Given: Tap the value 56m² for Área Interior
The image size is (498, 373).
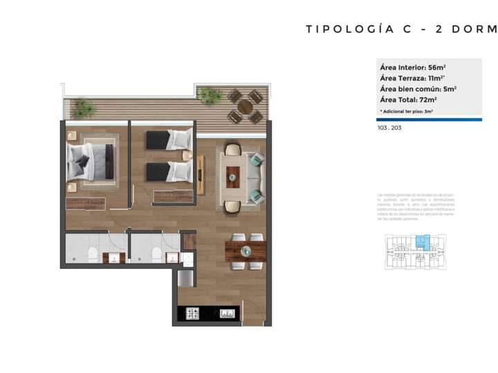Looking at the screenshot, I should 436,67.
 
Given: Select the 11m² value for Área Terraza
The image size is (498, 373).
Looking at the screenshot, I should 435,78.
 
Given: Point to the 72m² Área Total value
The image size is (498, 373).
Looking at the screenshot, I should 430,99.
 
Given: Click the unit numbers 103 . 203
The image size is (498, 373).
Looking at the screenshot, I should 389,128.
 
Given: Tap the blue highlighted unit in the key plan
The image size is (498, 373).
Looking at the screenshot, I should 421,242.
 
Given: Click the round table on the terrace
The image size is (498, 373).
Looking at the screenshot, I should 246,107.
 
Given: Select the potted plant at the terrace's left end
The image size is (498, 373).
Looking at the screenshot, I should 84,108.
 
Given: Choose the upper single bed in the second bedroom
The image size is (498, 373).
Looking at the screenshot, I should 168,140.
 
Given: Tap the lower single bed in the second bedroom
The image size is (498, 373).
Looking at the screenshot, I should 168,171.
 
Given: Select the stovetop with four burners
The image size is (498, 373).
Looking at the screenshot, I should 192,314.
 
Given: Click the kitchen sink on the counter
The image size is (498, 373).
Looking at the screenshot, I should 226,314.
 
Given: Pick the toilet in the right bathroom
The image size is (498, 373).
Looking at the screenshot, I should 156,254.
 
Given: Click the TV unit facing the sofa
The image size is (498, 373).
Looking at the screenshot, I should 201,175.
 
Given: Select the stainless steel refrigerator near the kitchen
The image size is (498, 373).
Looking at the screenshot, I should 185,278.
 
